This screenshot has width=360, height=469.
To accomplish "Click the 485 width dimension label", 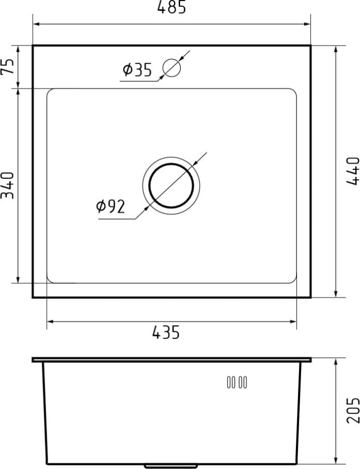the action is pos(171,7).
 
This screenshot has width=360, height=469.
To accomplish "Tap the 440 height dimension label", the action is pos(353,171).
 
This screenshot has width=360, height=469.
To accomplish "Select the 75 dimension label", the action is pos(7,66).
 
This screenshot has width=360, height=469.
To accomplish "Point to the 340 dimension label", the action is pos(7,186).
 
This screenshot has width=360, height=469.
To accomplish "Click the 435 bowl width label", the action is pos(166,332).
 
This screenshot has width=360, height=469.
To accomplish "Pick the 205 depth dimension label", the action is pos(353,410).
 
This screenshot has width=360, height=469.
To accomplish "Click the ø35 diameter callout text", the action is pos(137,69).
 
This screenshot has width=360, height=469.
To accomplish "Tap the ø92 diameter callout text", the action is pos(110,206).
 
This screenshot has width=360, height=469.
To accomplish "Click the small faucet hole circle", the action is pos(171,68).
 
